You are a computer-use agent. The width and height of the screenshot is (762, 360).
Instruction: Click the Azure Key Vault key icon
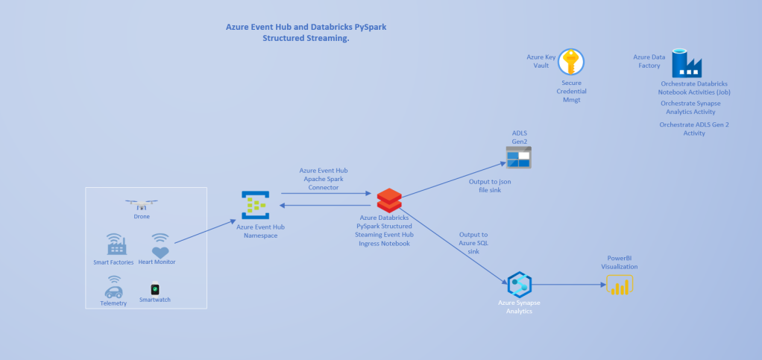pyautogui.click(x=570, y=62)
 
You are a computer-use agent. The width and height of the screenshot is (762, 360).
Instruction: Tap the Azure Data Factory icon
pyautogui.click(x=687, y=63)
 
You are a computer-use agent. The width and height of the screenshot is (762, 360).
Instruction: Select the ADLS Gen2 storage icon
pyautogui.click(x=519, y=157)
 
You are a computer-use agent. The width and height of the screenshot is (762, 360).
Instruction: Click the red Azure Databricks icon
pyautogui.click(x=389, y=200)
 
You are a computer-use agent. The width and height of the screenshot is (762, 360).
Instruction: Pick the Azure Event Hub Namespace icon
pyautogui.click(x=255, y=205)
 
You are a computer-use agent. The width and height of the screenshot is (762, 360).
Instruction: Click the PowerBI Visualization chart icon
pyautogui.click(x=620, y=285)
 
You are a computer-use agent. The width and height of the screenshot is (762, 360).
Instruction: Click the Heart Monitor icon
pyautogui.click(x=160, y=245)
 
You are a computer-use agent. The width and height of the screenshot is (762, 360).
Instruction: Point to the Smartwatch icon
pyautogui.click(x=155, y=288)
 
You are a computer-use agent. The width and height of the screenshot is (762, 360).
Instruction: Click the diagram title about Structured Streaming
pyautogui.click(x=306, y=32)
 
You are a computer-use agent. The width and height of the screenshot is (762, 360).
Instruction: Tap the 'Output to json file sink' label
pyautogui.click(x=490, y=186)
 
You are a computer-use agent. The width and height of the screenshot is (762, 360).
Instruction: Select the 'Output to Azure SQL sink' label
pyautogui.click(x=473, y=243)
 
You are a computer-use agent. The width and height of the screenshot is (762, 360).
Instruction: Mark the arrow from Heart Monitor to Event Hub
pyautogui.click(x=202, y=232)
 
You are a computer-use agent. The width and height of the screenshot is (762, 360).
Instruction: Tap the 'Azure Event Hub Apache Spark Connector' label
pyautogui.click(x=324, y=179)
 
